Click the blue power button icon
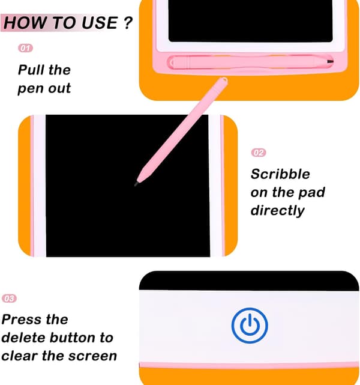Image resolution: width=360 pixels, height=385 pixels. pyautogui.click(x=250, y=326)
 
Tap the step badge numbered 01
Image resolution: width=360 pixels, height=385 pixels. pyautogui.click(x=26, y=48)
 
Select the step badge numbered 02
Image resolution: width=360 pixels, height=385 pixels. pyautogui.click(x=259, y=153)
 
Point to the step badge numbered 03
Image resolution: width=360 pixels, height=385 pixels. pyautogui.click(x=10, y=299)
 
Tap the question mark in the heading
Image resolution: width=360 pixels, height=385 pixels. pyautogui.click(x=128, y=23)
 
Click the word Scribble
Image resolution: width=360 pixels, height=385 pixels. pyautogui.click(x=280, y=174)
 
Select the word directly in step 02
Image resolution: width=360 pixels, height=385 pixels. pyautogui.click(x=278, y=211)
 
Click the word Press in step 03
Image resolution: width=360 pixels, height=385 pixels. pyautogui.click(x=21, y=320)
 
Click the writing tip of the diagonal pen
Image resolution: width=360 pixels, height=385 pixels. pyautogui.click(x=136, y=184)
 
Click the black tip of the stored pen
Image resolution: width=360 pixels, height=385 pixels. pyautogui.click(x=330, y=61)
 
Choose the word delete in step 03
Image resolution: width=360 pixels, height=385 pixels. pyautogui.click(x=23, y=338)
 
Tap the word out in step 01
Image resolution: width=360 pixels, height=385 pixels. pyautogui.click(x=59, y=88)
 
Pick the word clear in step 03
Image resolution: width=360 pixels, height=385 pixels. pyautogui.click(x=19, y=356)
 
